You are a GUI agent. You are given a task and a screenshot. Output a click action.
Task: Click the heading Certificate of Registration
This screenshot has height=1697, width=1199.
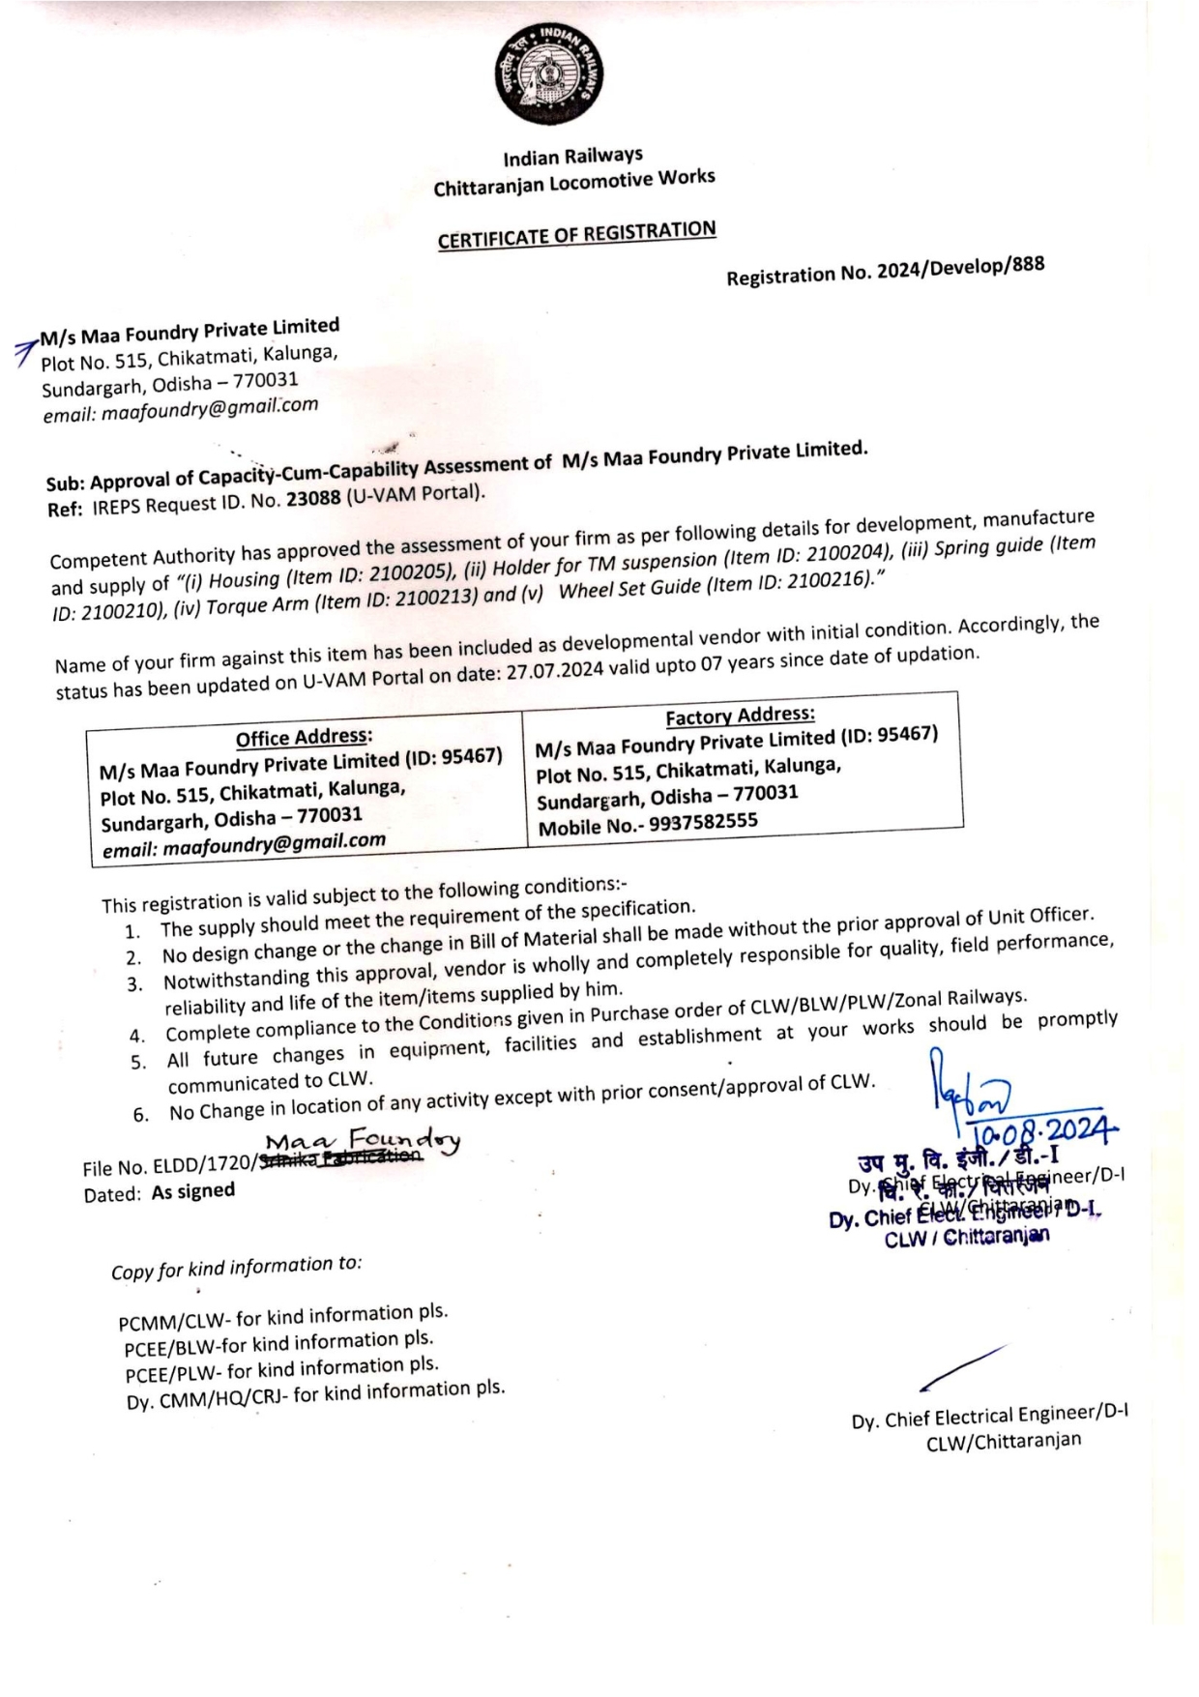(576, 235)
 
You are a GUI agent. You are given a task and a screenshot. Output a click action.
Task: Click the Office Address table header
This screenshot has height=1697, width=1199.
(304, 737)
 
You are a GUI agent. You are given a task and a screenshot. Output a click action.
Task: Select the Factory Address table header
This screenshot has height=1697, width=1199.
(740, 716)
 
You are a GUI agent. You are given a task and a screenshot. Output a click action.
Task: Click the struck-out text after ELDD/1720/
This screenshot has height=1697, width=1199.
(338, 1156)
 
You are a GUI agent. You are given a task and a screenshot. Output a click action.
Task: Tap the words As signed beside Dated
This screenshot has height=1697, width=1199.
(192, 1191)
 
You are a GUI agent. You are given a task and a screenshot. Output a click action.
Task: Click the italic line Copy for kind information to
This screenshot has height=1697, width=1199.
(236, 1267)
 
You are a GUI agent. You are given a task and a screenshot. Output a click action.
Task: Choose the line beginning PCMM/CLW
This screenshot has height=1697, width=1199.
(282, 1317)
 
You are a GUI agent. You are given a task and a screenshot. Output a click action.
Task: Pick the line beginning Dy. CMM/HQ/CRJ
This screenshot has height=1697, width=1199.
(315, 1393)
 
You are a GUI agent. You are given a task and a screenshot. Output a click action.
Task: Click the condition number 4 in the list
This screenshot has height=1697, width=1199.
(137, 1037)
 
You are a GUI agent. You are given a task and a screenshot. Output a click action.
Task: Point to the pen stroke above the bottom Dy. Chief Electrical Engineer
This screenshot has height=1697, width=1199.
(962, 1367)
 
